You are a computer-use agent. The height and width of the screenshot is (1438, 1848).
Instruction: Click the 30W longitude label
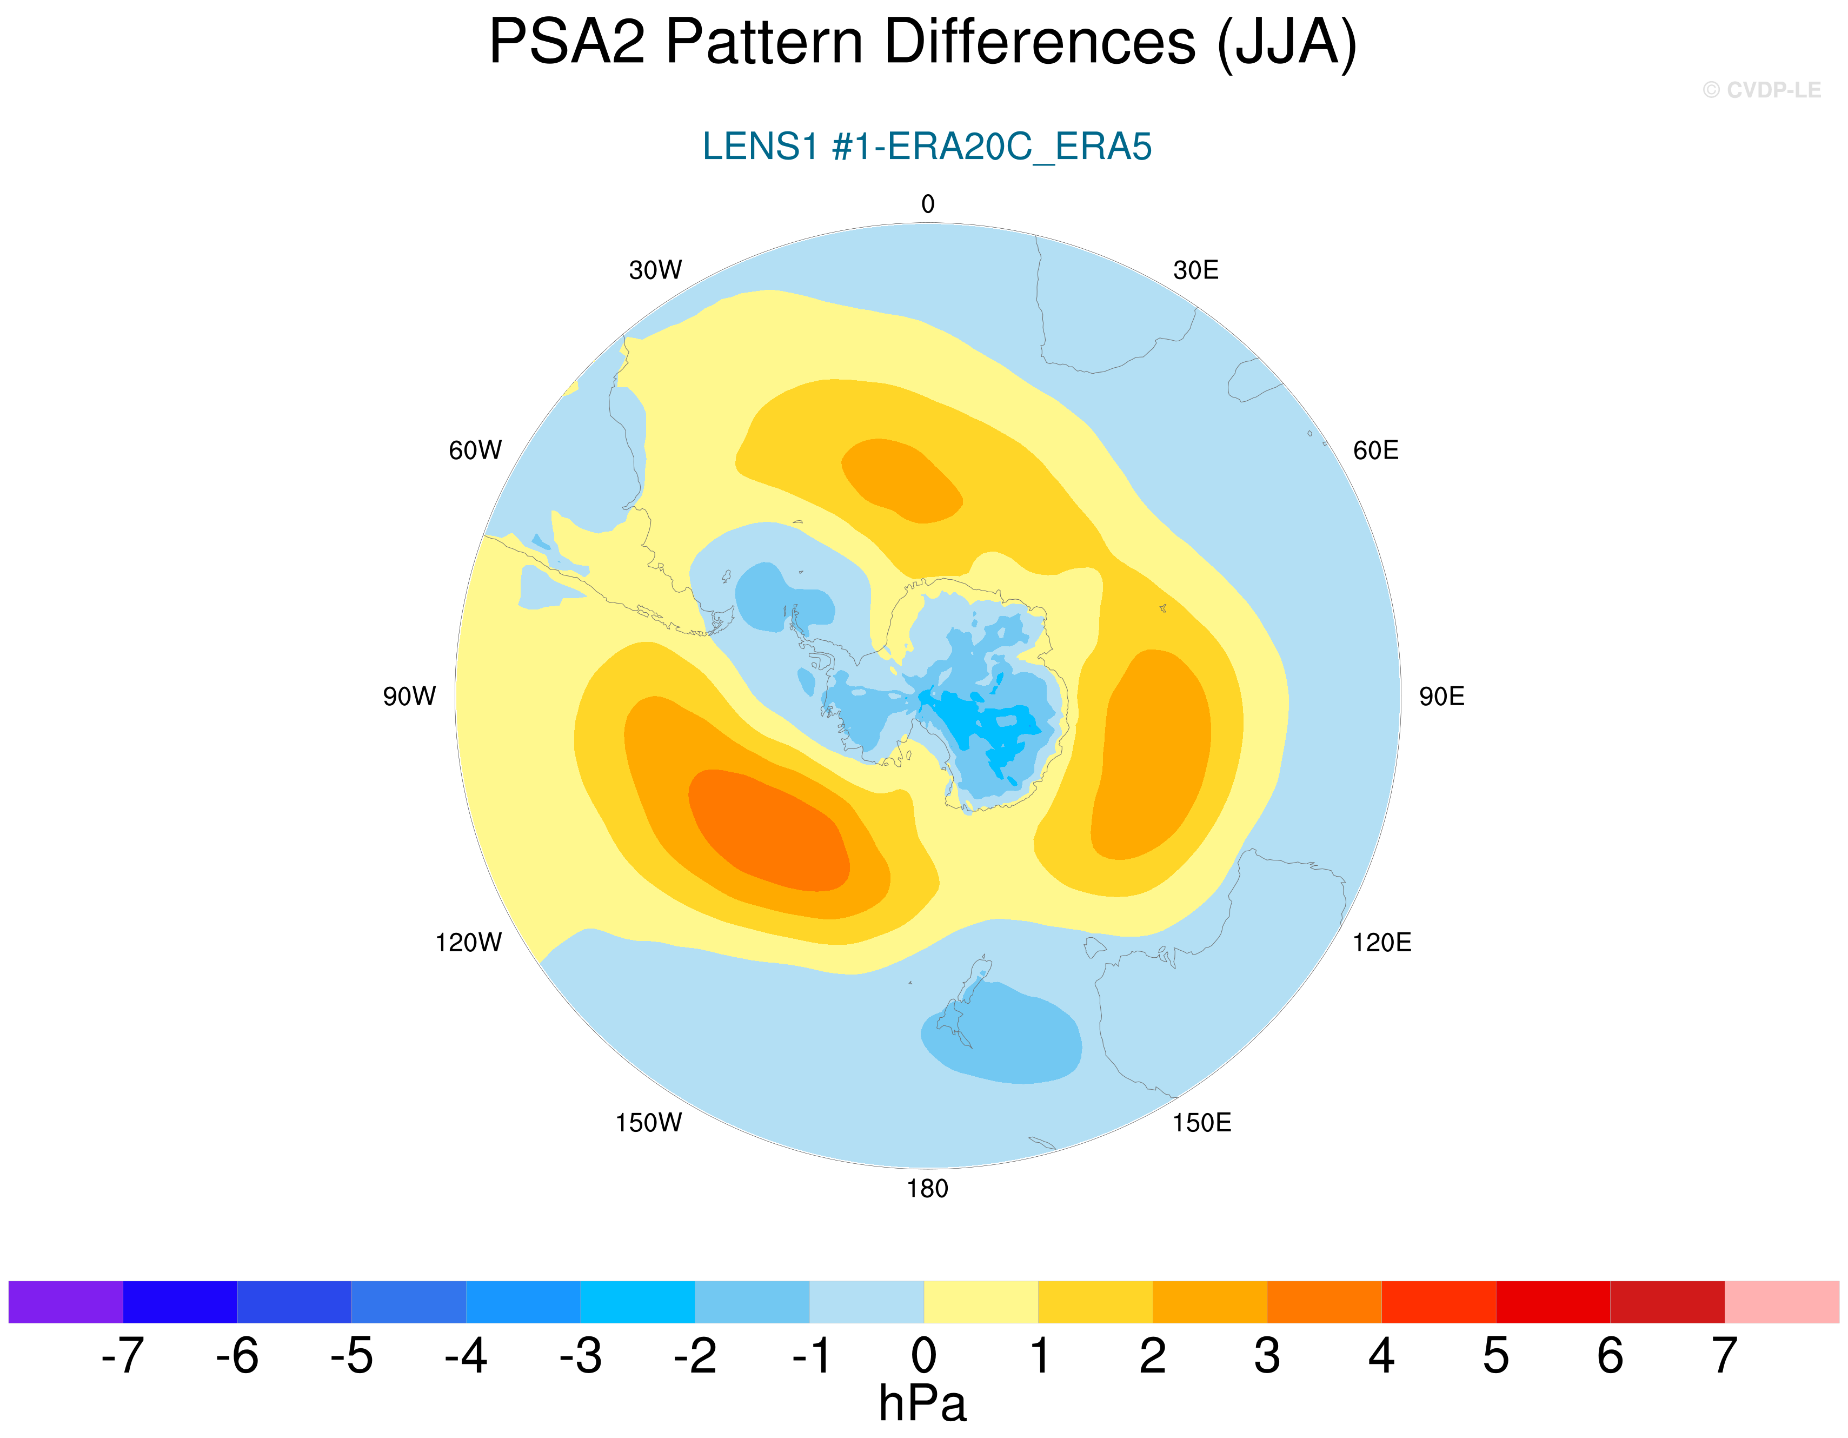click(655, 270)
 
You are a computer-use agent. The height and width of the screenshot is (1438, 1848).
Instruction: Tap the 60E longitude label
click(1376, 450)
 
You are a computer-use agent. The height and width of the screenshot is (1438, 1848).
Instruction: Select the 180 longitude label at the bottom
click(927, 1188)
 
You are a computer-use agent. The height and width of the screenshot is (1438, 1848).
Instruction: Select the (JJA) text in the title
click(1286, 42)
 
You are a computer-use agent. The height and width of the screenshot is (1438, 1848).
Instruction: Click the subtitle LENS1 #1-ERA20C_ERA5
click(927, 147)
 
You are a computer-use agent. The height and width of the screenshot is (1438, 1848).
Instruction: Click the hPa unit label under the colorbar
click(922, 1403)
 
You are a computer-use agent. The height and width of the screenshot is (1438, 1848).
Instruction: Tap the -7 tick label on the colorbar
click(123, 1355)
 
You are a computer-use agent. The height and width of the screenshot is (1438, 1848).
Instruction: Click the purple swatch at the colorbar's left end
click(66, 1302)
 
